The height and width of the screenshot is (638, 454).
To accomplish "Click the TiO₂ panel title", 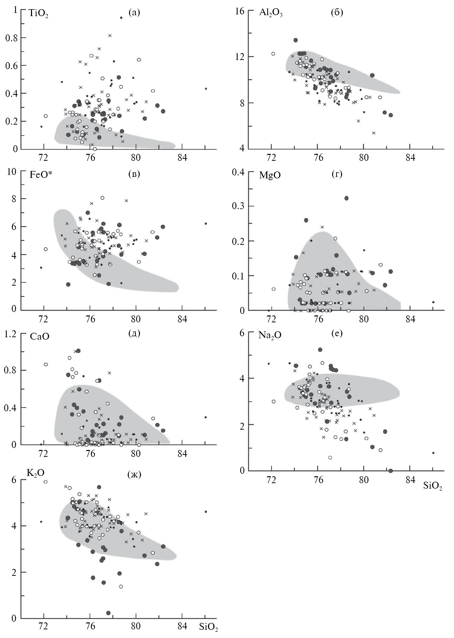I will coord(39,14).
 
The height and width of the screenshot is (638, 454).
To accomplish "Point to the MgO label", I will coord(270,175).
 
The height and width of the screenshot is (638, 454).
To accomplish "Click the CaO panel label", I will coord(39,336).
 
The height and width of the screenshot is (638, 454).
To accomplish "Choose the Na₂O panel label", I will coord(270,335).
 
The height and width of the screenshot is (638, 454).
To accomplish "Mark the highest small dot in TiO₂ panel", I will coord(121,18).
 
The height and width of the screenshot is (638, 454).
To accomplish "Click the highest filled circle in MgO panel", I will coord(346,198).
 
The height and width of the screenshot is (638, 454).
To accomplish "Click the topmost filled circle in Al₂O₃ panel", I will coord(295,40).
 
